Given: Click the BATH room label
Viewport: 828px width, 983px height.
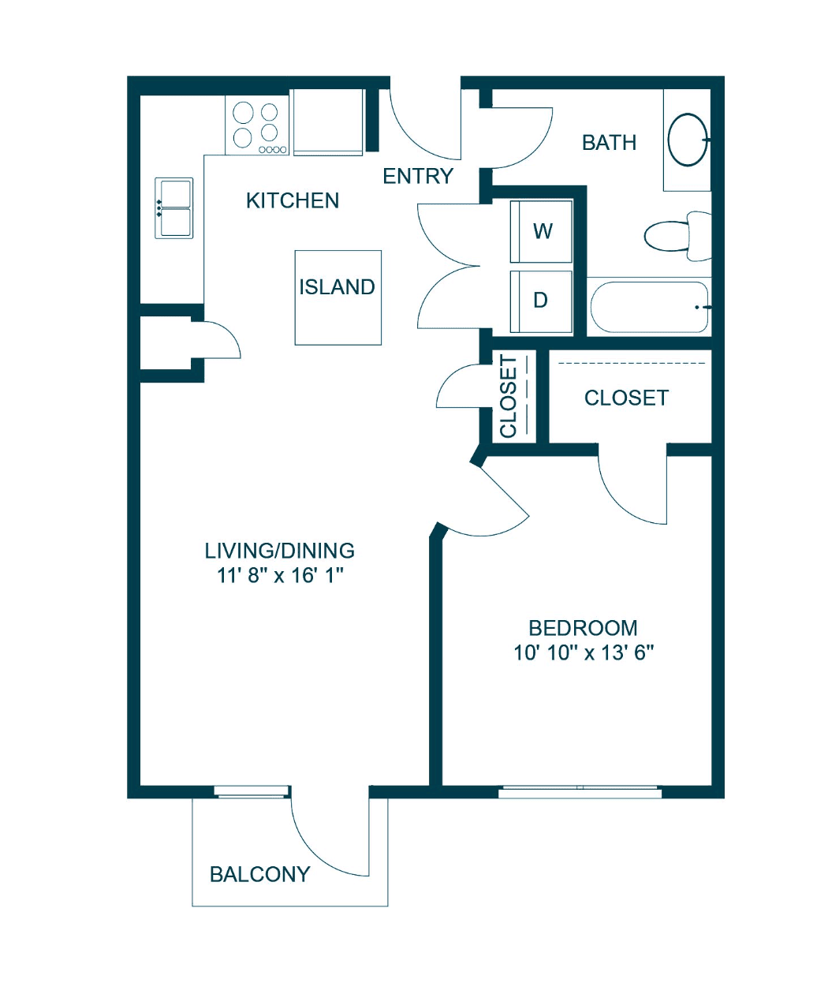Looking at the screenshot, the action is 609,143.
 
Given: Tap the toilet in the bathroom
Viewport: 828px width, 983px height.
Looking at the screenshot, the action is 677,236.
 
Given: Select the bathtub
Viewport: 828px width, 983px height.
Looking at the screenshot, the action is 649,306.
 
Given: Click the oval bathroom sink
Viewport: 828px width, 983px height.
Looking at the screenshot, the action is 688,140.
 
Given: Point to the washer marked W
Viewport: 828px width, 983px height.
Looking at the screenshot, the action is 541,231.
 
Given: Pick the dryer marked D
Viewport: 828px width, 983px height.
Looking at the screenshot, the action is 541,301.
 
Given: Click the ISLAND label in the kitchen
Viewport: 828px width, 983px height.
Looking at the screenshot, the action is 337,287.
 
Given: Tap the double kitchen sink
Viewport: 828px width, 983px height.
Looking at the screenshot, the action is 174,207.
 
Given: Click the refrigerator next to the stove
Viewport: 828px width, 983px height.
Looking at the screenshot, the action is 328,122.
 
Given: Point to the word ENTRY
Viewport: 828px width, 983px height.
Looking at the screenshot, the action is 417,176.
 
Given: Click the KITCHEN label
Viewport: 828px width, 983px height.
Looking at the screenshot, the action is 293,201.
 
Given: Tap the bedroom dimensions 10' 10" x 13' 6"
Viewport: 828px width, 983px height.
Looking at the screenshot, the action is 584,653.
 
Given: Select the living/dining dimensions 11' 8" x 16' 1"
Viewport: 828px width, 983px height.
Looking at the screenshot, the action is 280,575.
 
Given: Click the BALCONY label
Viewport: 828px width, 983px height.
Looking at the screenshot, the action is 260,875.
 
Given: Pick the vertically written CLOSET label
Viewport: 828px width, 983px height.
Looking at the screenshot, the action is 509,397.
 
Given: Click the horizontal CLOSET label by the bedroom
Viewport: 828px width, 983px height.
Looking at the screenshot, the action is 626,398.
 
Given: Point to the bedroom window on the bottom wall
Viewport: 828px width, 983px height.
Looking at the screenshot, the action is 580,791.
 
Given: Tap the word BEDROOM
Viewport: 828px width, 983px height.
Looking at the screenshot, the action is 584,628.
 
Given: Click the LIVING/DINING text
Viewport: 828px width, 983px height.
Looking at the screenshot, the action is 280,551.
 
